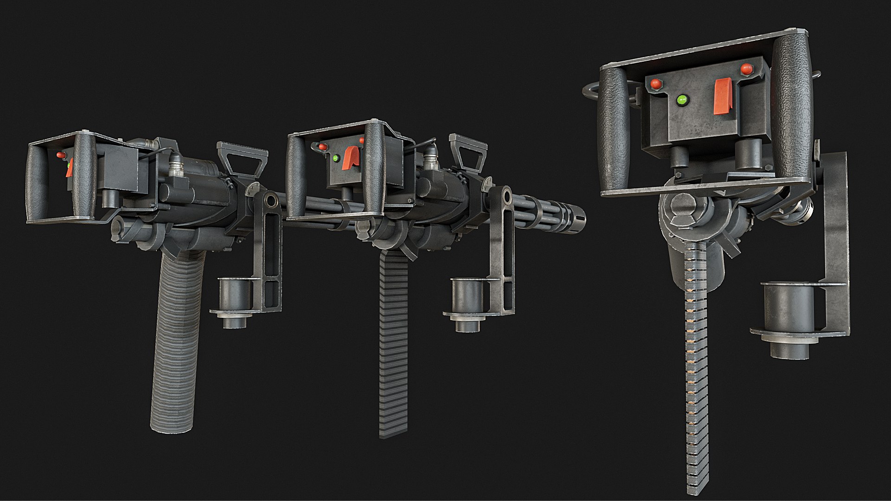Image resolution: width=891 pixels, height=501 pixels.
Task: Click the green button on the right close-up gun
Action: pyautogui.click(x=682, y=100)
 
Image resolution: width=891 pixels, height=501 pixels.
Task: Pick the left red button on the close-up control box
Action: pyautogui.click(x=656, y=84)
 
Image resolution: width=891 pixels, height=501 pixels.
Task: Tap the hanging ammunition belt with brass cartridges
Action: pyautogui.click(x=696, y=371)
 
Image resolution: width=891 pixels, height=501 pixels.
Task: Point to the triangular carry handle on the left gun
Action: pyautogui.click(x=242, y=158)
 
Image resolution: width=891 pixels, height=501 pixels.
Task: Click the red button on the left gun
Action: pyautogui.click(x=60, y=155)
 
